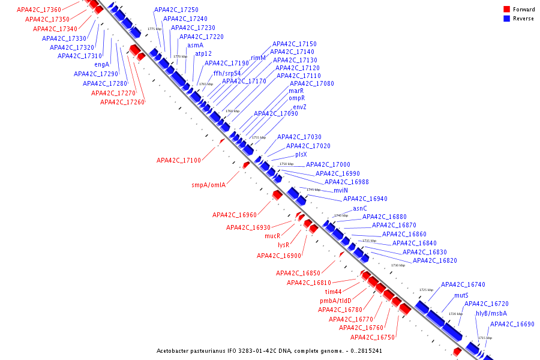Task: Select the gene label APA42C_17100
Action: (178, 160)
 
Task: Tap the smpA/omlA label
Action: (208, 185)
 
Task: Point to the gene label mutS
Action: (461, 295)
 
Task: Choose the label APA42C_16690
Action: (512, 324)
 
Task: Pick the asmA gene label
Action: (195, 45)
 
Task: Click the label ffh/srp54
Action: (227, 73)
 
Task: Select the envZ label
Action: (299, 107)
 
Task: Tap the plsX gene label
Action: (301, 154)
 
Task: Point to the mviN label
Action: (340, 190)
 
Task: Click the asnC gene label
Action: (359, 208)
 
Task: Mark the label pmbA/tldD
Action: (335, 301)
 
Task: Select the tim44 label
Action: (333, 292)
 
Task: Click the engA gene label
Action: (101, 64)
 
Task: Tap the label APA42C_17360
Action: (38, 10)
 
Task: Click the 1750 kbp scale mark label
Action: (286, 164)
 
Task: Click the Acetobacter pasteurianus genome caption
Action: (269, 350)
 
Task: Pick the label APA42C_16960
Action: (234, 215)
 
